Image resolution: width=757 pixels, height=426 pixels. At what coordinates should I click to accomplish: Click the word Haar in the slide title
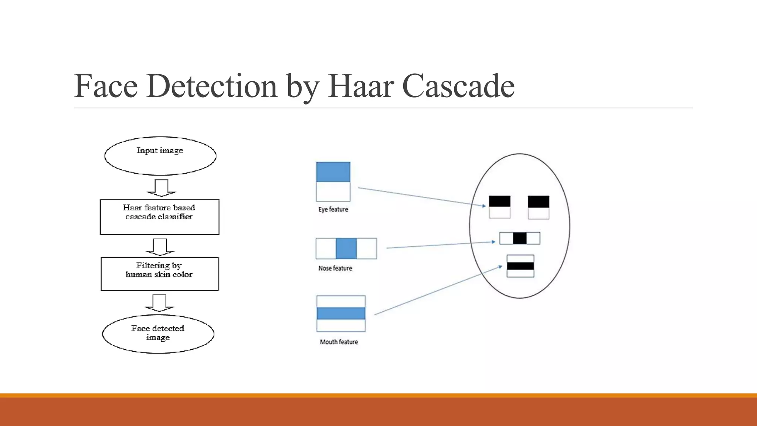click(x=361, y=86)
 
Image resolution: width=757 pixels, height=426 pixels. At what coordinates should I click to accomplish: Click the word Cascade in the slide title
click(x=458, y=86)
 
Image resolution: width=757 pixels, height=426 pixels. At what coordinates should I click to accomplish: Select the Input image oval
click(x=160, y=156)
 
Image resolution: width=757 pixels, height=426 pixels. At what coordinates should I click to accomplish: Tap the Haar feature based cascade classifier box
click(x=160, y=217)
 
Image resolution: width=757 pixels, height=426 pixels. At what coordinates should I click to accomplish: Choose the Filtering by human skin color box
click(x=160, y=274)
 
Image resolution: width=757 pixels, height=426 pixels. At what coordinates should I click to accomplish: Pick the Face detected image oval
click(x=158, y=334)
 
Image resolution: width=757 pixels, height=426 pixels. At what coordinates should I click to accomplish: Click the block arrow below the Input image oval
click(x=162, y=187)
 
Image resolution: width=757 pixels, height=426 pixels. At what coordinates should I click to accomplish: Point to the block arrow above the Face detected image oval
click(x=159, y=302)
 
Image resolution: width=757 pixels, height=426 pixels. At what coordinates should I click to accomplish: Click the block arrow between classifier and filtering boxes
click(x=160, y=247)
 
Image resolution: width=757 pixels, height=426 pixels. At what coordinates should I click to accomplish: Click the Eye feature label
click(x=333, y=209)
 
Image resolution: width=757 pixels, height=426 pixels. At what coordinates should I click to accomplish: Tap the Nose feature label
click(x=335, y=268)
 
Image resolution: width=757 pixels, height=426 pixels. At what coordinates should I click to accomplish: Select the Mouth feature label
click(x=339, y=342)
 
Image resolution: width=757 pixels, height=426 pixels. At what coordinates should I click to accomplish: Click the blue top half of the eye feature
click(x=333, y=172)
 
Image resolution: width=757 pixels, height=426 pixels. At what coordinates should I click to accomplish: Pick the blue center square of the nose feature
click(x=346, y=248)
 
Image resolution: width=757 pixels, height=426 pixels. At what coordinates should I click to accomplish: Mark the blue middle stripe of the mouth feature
click(x=341, y=313)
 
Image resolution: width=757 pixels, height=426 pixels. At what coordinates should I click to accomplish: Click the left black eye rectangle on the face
click(x=499, y=202)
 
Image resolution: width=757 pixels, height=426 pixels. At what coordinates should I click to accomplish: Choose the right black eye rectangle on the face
click(x=538, y=202)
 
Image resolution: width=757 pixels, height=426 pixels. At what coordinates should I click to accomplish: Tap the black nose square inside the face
click(x=519, y=238)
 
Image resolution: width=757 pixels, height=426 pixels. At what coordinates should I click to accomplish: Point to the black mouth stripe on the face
click(x=520, y=266)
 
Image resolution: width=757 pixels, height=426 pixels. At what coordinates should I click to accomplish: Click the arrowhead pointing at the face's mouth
click(x=500, y=266)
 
